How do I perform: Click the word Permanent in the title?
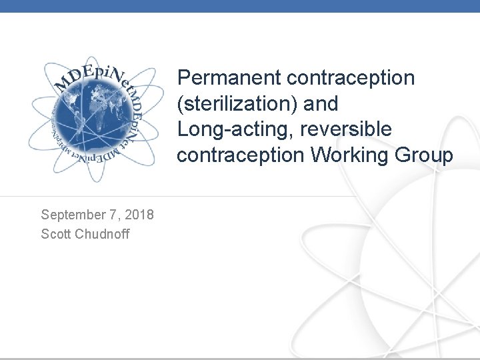pyautogui.click(x=229, y=78)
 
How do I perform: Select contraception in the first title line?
pyautogui.click(x=351, y=78)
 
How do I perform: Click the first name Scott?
pyautogui.click(x=57, y=234)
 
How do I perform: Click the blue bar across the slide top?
pyautogui.click(x=240, y=6)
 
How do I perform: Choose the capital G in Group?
pyautogui.click(x=407, y=155)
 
